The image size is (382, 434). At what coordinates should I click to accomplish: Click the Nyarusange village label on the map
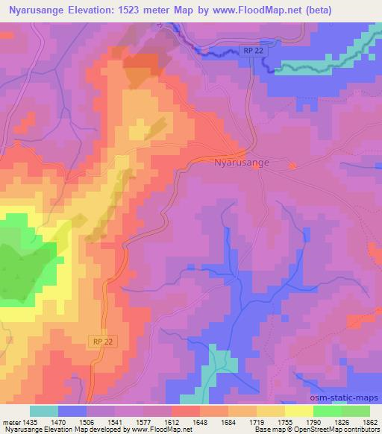pyautogui.click(x=241, y=162)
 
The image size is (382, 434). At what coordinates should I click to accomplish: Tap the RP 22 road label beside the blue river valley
pyautogui.click(x=252, y=50)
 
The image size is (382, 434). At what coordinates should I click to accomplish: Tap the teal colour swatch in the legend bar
pyautogui.click(x=43, y=411)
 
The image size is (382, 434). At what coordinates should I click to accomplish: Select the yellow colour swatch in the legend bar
pyautogui.click(x=298, y=411)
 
